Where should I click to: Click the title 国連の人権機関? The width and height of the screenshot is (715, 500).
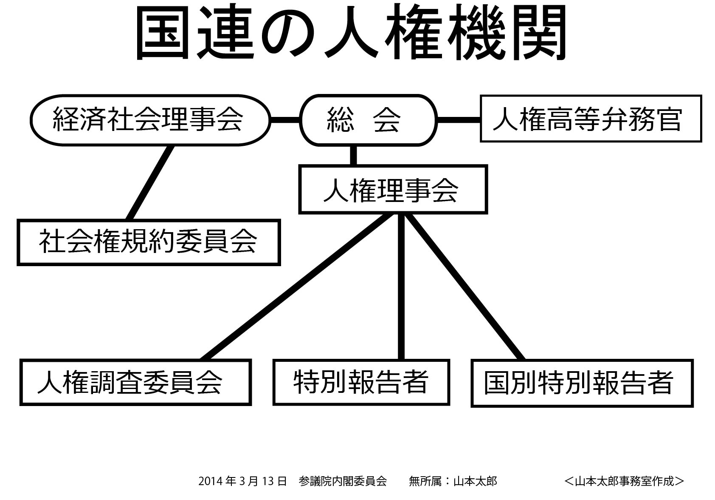click(x=351, y=32)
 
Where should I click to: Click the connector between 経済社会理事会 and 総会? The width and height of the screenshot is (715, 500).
click(x=285, y=120)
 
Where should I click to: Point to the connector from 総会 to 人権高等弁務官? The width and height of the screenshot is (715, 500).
click(x=459, y=120)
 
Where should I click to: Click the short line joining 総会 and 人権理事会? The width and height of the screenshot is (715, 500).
click(x=353, y=156)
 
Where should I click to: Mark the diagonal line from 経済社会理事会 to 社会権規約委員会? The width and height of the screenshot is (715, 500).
click(x=150, y=183)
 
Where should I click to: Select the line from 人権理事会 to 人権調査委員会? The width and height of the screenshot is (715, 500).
click(x=298, y=287)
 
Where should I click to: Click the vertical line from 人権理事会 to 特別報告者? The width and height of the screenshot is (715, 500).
click(x=401, y=287)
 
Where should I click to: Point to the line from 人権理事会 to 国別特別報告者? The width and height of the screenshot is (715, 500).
click(x=465, y=287)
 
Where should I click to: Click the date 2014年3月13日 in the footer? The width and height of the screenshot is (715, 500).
click(x=242, y=481)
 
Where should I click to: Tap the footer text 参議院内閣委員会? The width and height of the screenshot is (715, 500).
click(x=343, y=481)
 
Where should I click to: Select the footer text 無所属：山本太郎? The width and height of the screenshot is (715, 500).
click(x=453, y=481)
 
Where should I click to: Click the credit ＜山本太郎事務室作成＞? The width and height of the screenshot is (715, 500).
click(x=624, y=481)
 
